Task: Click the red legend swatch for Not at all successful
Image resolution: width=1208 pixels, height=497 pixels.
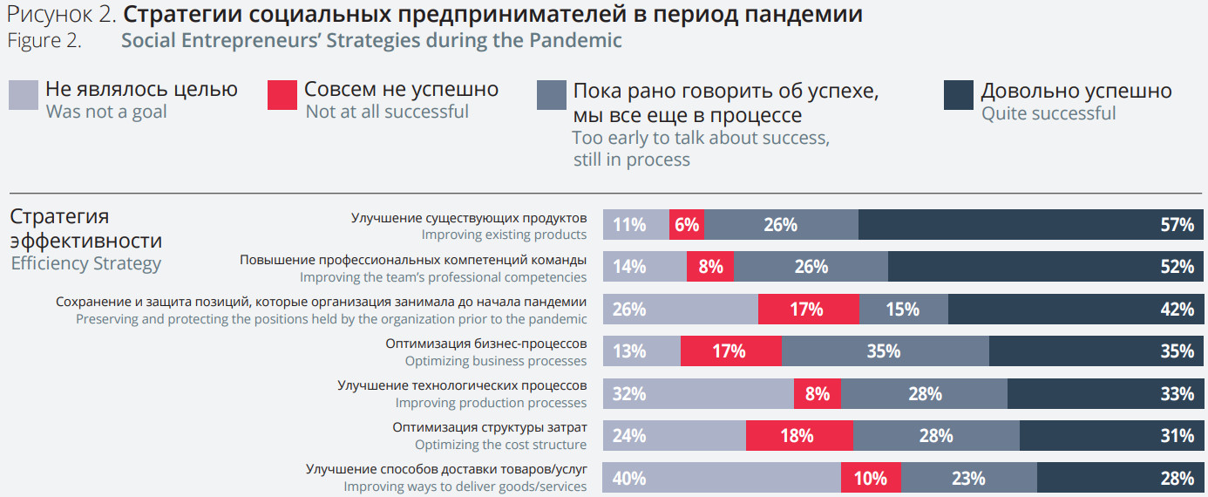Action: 282,95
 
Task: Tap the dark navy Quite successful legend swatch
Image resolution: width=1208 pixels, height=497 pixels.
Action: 958,95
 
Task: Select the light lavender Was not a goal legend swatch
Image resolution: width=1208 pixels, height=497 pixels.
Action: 24,95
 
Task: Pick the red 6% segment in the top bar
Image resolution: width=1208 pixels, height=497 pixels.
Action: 687,225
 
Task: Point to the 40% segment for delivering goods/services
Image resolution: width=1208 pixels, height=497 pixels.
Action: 722,478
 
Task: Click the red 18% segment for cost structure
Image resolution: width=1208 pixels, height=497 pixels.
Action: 799,436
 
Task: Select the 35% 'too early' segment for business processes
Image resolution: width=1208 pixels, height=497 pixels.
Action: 886,351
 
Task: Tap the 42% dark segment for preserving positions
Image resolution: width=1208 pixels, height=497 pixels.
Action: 1077,310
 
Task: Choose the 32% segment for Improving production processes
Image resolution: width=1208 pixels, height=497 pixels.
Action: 698,394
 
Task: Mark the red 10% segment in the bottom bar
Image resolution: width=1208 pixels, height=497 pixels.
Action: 871,478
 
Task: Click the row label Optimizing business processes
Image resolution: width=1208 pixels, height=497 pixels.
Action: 495,361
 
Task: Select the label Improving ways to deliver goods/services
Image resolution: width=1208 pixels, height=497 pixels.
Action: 465,487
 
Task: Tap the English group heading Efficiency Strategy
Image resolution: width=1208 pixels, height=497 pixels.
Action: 85,263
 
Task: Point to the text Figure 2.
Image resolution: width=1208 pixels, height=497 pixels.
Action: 44,40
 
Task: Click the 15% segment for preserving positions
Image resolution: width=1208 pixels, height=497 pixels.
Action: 903,310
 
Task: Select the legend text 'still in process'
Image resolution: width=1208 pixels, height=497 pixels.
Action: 631,160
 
